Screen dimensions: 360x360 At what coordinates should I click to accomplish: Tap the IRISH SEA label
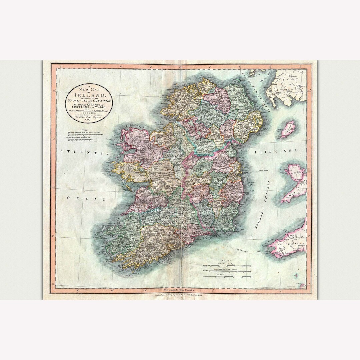click(x=276, y=152)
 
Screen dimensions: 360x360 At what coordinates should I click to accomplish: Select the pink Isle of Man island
click(x=288, y=129)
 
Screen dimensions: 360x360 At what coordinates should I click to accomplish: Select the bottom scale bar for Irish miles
click(x=228, y=276)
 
